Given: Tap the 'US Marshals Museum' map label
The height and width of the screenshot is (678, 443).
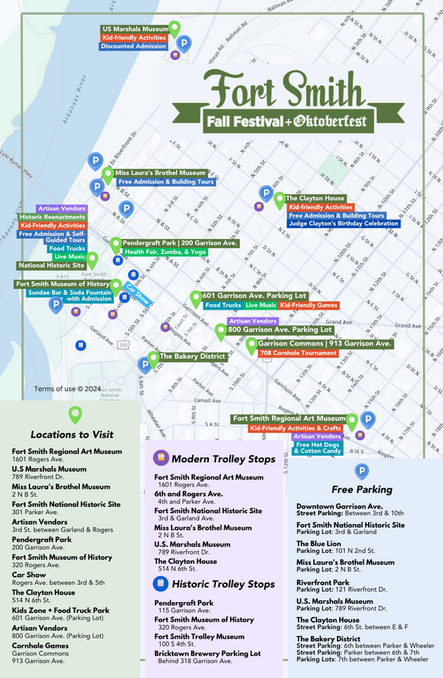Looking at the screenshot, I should [x=134, y=29].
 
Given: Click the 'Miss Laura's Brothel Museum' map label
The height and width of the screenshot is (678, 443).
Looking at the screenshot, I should [x=161, y=173].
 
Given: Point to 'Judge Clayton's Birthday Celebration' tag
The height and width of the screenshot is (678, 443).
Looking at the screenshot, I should [x=344, y=224].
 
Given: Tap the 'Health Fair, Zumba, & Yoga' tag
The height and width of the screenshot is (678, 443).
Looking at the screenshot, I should [x=165, y=252].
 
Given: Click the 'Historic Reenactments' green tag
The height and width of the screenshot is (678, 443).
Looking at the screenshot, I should [x=52, y=217].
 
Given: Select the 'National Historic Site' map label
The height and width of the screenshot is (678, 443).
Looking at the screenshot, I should [x=51, y=266].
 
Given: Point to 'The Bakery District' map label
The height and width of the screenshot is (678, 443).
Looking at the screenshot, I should [x=193, y=357].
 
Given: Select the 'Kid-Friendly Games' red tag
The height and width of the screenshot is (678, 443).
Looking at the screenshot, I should [x=309, y=305].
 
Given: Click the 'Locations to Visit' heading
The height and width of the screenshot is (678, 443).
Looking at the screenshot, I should [x=72, y=435].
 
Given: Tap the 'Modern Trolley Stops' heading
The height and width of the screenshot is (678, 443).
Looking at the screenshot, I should [x=224, y=459].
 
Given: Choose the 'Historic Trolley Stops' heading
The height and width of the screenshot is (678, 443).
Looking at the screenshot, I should [x=224, y=585].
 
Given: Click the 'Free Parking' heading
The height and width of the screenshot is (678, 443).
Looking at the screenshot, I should [x=362, y=489].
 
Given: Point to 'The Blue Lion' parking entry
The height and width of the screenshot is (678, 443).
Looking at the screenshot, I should [x=318, y=543].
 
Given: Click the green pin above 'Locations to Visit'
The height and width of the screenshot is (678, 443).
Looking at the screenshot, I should [x=75, y=413].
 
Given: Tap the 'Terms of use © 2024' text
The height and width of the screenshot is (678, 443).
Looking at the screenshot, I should [x=67, y=388].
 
